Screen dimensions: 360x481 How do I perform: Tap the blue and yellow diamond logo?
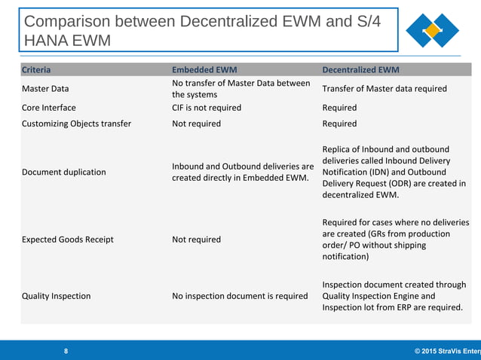coord(432,31)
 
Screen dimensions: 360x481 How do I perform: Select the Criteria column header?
coord(36,70)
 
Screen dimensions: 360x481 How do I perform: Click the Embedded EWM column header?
coord(204,70)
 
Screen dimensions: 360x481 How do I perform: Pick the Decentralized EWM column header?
coord(360,70)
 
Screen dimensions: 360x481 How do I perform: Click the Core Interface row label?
coord(49,108)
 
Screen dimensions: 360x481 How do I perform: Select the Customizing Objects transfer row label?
coord(76,124)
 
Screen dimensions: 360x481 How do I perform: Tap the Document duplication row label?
coord(63,172)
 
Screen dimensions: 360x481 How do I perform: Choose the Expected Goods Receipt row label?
coord(67,239)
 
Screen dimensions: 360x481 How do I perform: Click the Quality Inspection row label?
coord(56,296)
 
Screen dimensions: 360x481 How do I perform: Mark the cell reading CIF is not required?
coord(207,108)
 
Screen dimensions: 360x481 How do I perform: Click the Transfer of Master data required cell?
coord(384,89)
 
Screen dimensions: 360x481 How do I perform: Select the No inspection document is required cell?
coord(240,296)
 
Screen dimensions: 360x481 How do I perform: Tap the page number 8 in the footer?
coord(66,351)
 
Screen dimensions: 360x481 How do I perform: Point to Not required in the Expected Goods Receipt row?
coord(196,239)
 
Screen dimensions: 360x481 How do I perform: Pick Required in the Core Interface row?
coord(339,108)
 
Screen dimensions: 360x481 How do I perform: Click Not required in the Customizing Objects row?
coord(196,124)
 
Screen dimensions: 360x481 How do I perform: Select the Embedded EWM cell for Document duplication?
coord(243,172)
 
